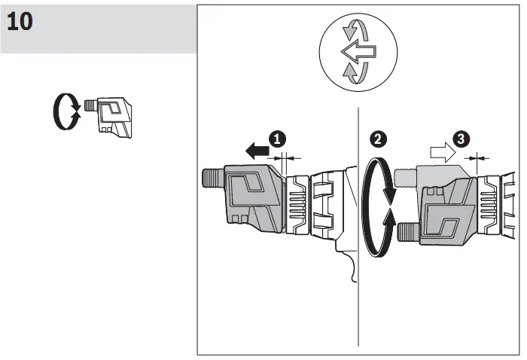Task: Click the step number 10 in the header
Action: (20, 22)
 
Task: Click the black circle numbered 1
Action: (279, 139)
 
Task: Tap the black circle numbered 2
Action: (379, 139)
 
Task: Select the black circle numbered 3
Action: (462, 139)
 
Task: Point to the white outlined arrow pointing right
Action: (441, 153)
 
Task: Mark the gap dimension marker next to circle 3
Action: (476, 157)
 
